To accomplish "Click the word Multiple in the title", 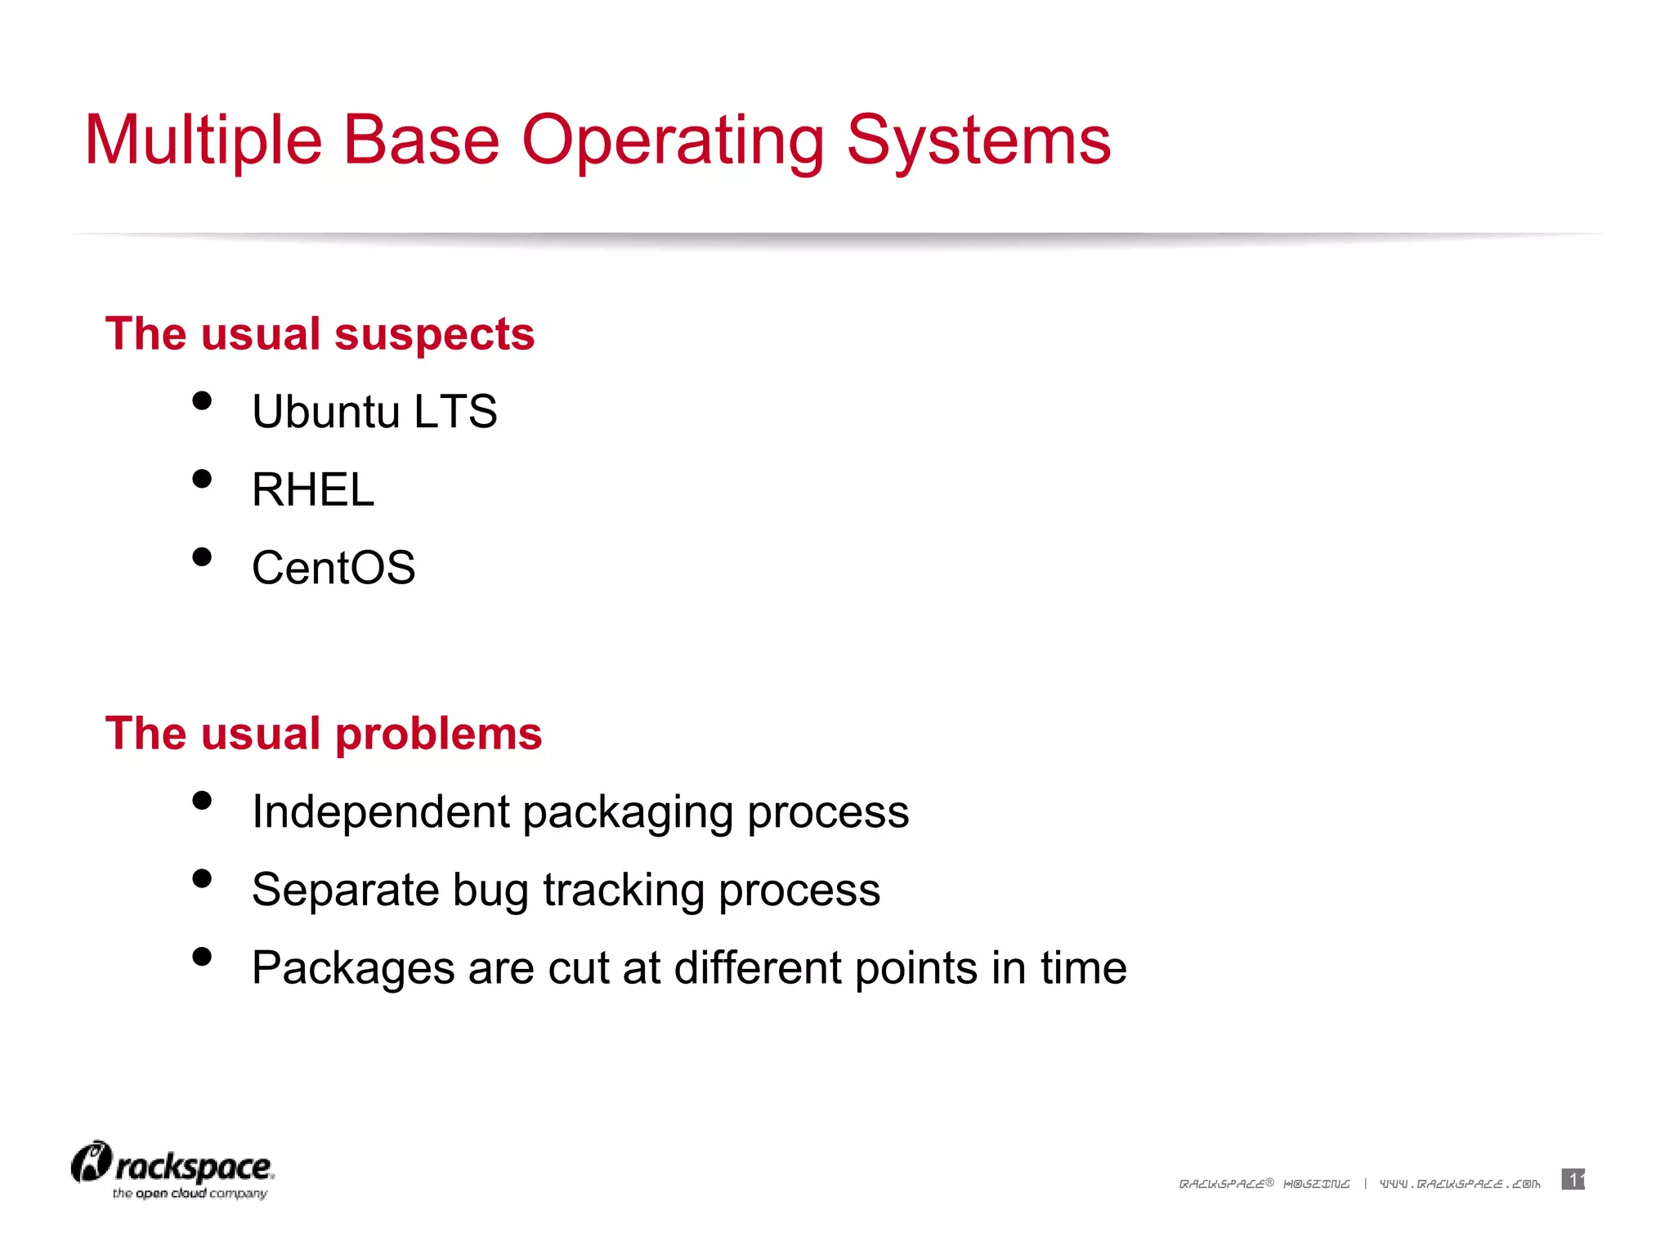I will [x=204, y=141].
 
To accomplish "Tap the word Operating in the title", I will [x=672, y=141].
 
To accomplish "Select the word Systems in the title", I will [x=978, y=141].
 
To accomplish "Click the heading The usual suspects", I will [x=320, y=334].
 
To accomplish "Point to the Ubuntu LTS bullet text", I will [x=374, y=411].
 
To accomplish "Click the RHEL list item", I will [x=313, y=489].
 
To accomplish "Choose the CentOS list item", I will [x=333, y=568].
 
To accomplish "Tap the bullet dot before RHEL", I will [x=202, y=479].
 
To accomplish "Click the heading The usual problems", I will [x=324, y=733].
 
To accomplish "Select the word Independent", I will [x=381, y=811].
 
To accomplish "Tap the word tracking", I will [x=623, y=891].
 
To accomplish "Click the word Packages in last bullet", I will [x=352, y=968].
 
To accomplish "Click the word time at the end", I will [x=1083, y=967].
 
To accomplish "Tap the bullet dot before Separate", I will [x=202, y=878].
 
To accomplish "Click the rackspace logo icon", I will [x=91, y=1163].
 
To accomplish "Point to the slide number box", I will [x=1573, y=1179].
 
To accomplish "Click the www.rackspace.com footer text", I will [x=1460, y=1184].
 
